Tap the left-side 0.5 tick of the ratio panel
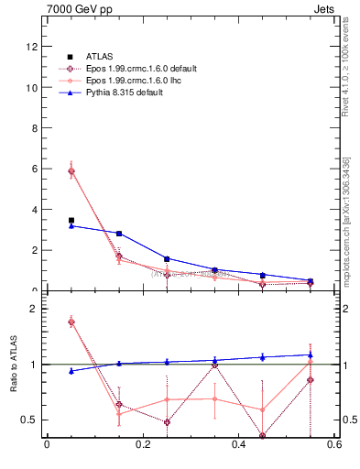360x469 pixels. [x=30, y=420]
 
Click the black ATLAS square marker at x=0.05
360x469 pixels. [x=71, y=220]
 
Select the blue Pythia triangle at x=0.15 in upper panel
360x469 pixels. [x=119, y=234]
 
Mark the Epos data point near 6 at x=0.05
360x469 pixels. [x=71, y=171]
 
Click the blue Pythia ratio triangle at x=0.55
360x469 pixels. [x=310, y=354]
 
